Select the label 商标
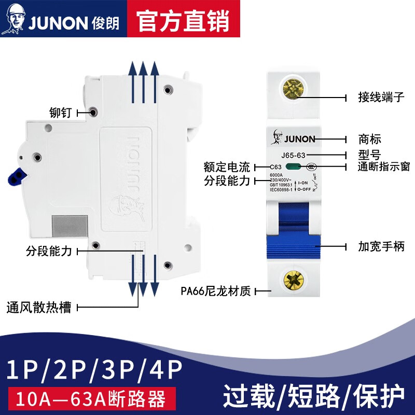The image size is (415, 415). click(x=369, y=139)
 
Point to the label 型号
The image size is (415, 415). click(x=369, y=155)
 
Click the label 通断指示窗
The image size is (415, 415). click(x=384, y=167)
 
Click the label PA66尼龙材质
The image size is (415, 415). click(x=216, y=291)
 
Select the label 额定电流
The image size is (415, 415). click(x=227, y=167)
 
